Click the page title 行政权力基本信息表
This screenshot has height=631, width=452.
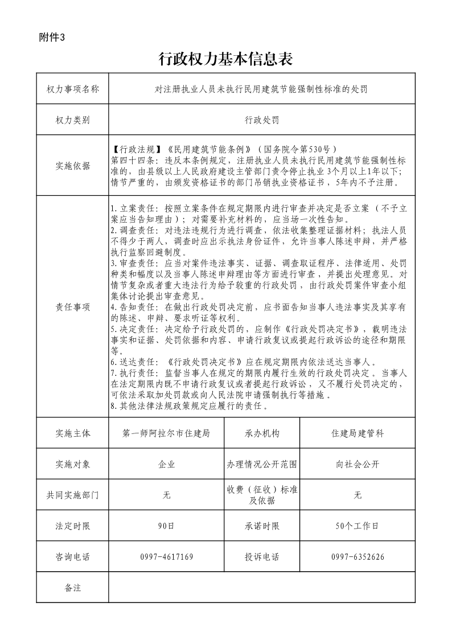(x=225, y=59)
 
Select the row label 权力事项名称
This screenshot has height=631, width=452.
(x=72, y=89)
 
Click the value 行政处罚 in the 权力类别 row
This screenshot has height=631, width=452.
(x=261, y=120)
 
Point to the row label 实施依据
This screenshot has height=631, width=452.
(x=72, y=166)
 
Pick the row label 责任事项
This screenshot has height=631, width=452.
(x=72, y=306)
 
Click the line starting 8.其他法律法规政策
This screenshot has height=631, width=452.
(x=188, y=407)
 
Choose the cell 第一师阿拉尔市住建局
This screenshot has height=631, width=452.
(x=166, y=433)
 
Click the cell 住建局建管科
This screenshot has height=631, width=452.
(x=358, y=433)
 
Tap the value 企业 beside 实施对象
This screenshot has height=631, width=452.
(x=166, y=464)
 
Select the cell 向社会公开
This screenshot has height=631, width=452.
(x=358, y=464)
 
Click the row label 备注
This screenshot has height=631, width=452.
(x=72, y=587)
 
